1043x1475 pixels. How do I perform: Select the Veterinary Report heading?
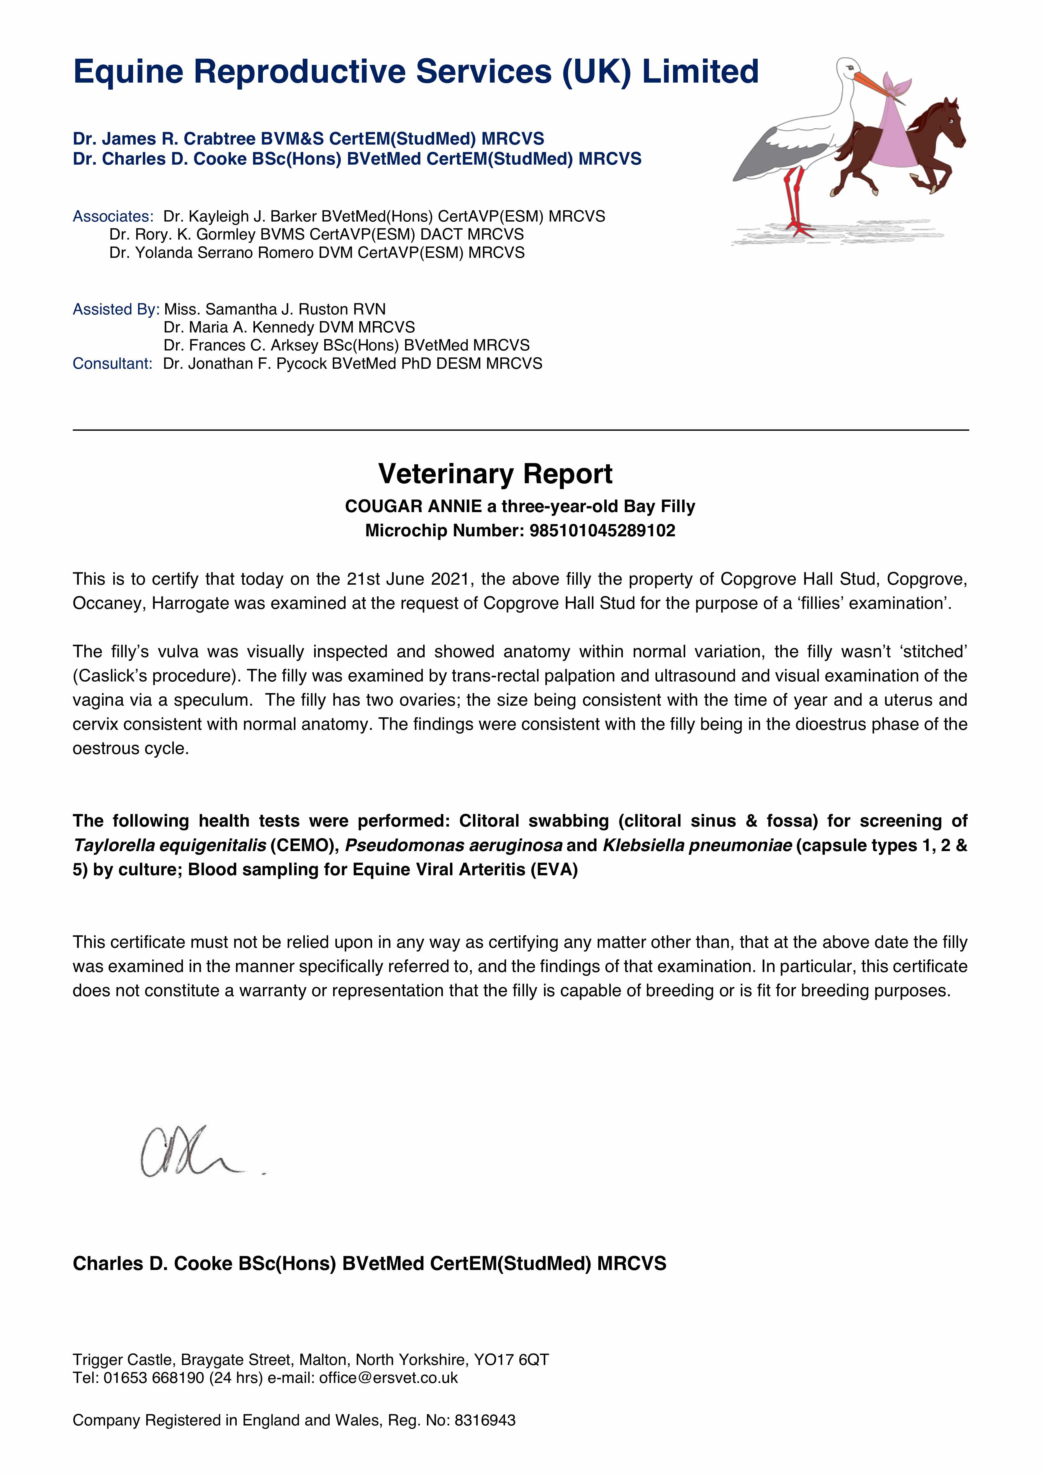pos(495,474)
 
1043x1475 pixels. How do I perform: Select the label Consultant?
pos(112,364)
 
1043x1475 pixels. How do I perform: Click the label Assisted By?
pos(116,310)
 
